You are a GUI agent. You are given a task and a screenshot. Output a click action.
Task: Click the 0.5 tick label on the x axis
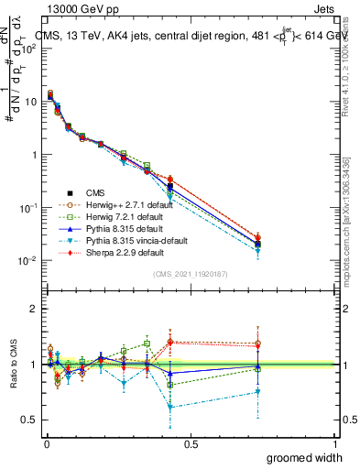(191, 444)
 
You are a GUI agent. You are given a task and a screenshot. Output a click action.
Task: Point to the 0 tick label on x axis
(47, 444)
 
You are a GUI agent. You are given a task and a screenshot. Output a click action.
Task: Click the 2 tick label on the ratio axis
(33, 309)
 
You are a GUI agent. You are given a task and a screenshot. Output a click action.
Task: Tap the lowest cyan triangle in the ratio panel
(170, 407)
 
